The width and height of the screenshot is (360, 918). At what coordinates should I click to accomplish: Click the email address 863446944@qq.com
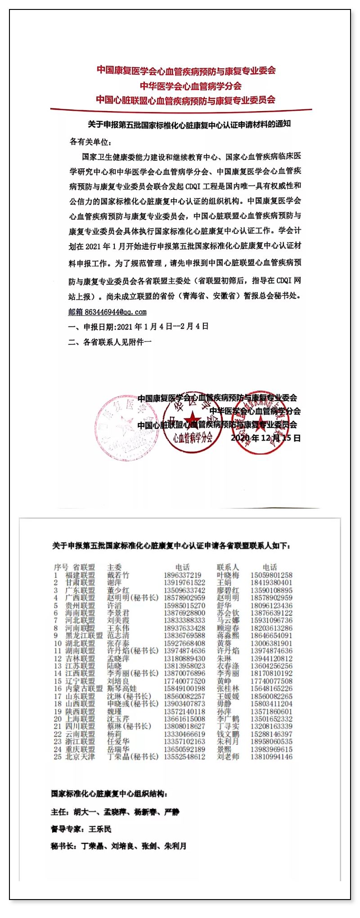[115, 312]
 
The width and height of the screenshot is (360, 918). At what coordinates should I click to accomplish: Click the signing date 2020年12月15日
[265, 438]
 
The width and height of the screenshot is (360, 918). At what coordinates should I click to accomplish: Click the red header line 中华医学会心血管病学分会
[190, 85]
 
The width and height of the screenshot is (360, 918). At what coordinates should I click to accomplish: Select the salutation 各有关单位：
[90, 142]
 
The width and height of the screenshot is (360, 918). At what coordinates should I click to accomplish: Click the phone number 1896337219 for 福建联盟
[182, 575]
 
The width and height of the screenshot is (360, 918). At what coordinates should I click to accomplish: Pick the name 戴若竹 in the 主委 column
[118, 575]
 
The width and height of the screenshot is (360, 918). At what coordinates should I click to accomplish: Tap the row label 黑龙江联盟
[84, 635]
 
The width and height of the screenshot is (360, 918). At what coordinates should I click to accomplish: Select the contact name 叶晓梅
[228, 575]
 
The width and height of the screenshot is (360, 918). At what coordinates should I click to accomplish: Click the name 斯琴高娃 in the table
[121, 688]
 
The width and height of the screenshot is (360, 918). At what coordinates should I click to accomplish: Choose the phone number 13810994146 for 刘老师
[271, 757]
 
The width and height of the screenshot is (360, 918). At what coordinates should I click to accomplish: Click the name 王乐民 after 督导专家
[100, 829]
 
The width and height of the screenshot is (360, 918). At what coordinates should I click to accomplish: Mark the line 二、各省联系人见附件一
[110, 342]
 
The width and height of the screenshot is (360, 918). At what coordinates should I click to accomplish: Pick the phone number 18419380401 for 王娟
[271, 583]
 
